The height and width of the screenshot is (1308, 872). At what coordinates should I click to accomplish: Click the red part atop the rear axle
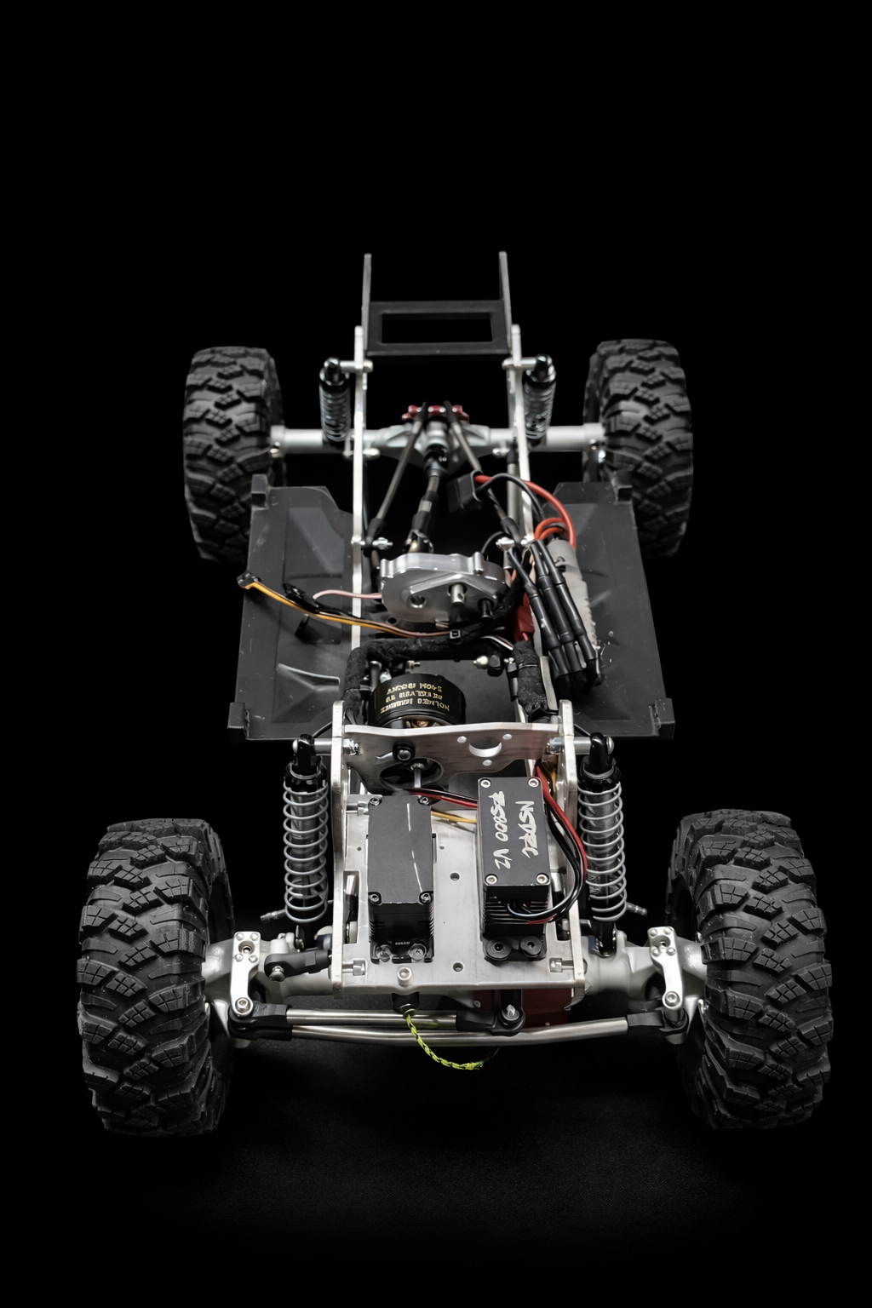441,412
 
